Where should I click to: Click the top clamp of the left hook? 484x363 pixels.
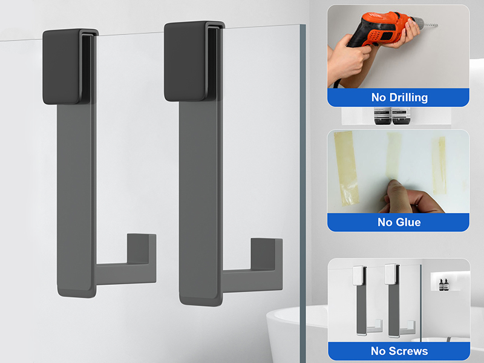[x=66, y=65]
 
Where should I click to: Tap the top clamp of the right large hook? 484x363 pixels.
[x=189, y=60]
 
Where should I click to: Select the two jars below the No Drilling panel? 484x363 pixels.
[x=391, y=117]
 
